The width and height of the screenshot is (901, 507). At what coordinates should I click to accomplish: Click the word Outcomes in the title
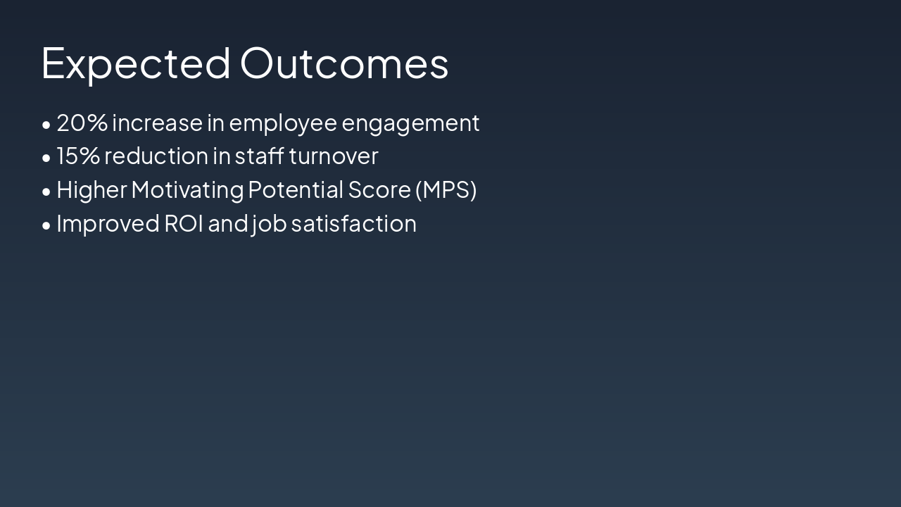click(344, 63)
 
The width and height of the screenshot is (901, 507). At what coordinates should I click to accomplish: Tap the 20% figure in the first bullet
click(82, 123)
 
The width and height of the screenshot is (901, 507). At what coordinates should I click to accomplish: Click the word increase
click(157, 123)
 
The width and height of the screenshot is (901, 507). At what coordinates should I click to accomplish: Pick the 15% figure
click(78, 156)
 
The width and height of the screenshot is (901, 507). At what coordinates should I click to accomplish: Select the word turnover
click(334, 156)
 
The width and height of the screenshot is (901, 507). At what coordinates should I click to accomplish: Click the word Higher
click(92, 190)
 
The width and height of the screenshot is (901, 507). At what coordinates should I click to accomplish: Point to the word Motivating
click(187, 190)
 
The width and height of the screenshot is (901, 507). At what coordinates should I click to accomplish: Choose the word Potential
click(296, 189)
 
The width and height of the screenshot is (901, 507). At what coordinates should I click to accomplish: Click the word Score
click(379, 189)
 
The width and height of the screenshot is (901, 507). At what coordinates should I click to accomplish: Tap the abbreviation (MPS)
click(446, 189)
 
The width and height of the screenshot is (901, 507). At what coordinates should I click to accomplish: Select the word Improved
click(108, 224)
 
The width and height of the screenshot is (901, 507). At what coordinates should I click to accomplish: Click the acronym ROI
click(184, 223)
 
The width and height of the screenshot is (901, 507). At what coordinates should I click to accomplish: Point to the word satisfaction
click(354, 223)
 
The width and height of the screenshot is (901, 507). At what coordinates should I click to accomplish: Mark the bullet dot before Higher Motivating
click(46, 192)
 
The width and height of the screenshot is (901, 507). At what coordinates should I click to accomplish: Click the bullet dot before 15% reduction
click(46, 158)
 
